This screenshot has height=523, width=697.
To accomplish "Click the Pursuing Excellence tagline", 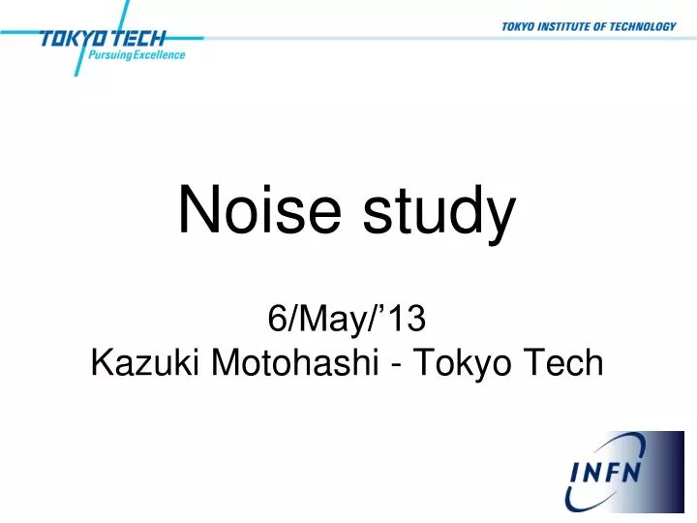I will [136, 55].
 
